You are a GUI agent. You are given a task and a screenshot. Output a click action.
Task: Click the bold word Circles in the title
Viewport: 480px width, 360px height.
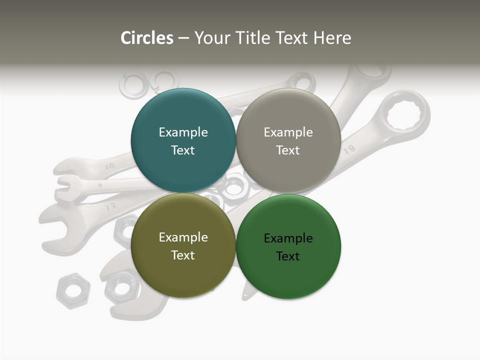(146, 38)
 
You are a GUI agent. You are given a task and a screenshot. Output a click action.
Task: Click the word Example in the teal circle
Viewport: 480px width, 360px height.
(183, 132)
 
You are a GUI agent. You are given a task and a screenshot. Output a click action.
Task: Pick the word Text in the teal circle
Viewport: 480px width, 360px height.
(183, 150)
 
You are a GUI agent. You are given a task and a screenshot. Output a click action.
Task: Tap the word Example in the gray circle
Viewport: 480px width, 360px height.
(288, 132)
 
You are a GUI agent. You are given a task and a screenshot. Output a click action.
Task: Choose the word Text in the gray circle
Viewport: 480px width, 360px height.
(288, 150)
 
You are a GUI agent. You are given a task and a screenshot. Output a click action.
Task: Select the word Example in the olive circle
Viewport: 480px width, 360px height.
(183, 237)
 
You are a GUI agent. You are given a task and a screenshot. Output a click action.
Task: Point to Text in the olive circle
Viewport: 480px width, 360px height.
(183, 255)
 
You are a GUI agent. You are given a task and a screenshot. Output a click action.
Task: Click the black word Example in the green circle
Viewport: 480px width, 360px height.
(288, 238)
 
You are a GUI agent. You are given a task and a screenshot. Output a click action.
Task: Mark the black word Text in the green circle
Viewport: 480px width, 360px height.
(288, 256)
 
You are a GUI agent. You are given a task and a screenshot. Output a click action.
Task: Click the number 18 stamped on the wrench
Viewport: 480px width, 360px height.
(349, 148)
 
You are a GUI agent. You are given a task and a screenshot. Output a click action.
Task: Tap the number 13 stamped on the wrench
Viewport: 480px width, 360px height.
(110, 205)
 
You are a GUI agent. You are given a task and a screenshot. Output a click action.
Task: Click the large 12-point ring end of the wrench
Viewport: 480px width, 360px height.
(403, 116)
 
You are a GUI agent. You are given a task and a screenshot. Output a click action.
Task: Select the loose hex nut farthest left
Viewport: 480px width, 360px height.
(73, 290)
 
